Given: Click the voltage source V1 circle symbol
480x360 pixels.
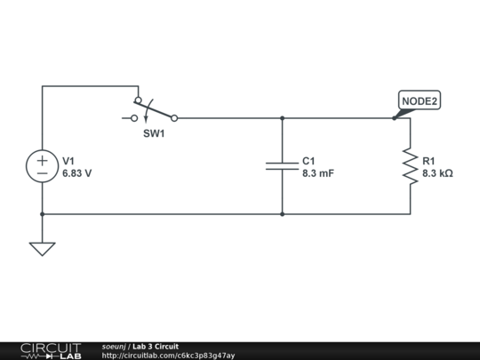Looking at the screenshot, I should coord(42,167).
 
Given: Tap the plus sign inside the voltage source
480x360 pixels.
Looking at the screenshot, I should coord(42,160).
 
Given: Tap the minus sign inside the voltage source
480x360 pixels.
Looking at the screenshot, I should coord(42,174).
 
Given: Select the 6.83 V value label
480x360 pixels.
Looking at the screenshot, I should coord(76,174).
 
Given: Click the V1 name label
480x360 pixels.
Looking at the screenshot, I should coord(68,161).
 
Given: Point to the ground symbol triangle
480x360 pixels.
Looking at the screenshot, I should coord(42,248).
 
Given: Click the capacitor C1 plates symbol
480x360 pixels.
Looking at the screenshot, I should coord(282,166).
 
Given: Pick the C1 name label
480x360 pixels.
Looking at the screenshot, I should coord(308,161).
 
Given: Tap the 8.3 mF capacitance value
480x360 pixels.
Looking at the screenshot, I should coord(317,174).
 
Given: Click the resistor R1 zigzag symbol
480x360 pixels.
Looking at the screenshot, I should coord(410,166).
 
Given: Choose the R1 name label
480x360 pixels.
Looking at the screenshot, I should coord(429,161).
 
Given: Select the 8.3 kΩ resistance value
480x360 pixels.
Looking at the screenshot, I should coord(437,174).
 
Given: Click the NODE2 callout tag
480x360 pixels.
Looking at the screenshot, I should coord(420,101).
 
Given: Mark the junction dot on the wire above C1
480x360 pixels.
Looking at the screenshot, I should coord(282,117).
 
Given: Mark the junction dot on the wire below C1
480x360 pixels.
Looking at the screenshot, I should coord(282,214).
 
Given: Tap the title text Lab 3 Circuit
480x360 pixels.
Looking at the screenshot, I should coord(156,346).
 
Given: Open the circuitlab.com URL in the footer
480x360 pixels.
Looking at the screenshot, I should coord(168,356).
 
